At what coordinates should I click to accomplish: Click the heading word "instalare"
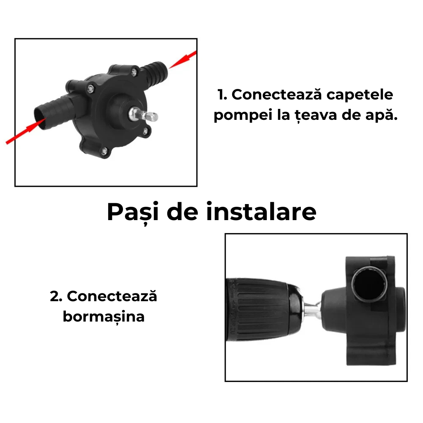tap(261, 212)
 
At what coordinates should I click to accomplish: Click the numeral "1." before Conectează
tap(222, 95)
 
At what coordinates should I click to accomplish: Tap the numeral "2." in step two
tap(56, 296)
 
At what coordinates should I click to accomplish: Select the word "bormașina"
tap(103, 316)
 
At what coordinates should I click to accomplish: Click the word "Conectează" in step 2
tap(112, 296)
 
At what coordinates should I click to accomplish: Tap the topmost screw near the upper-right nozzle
tap(134, 72)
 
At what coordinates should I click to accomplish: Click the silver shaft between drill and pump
tap(312, 310)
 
